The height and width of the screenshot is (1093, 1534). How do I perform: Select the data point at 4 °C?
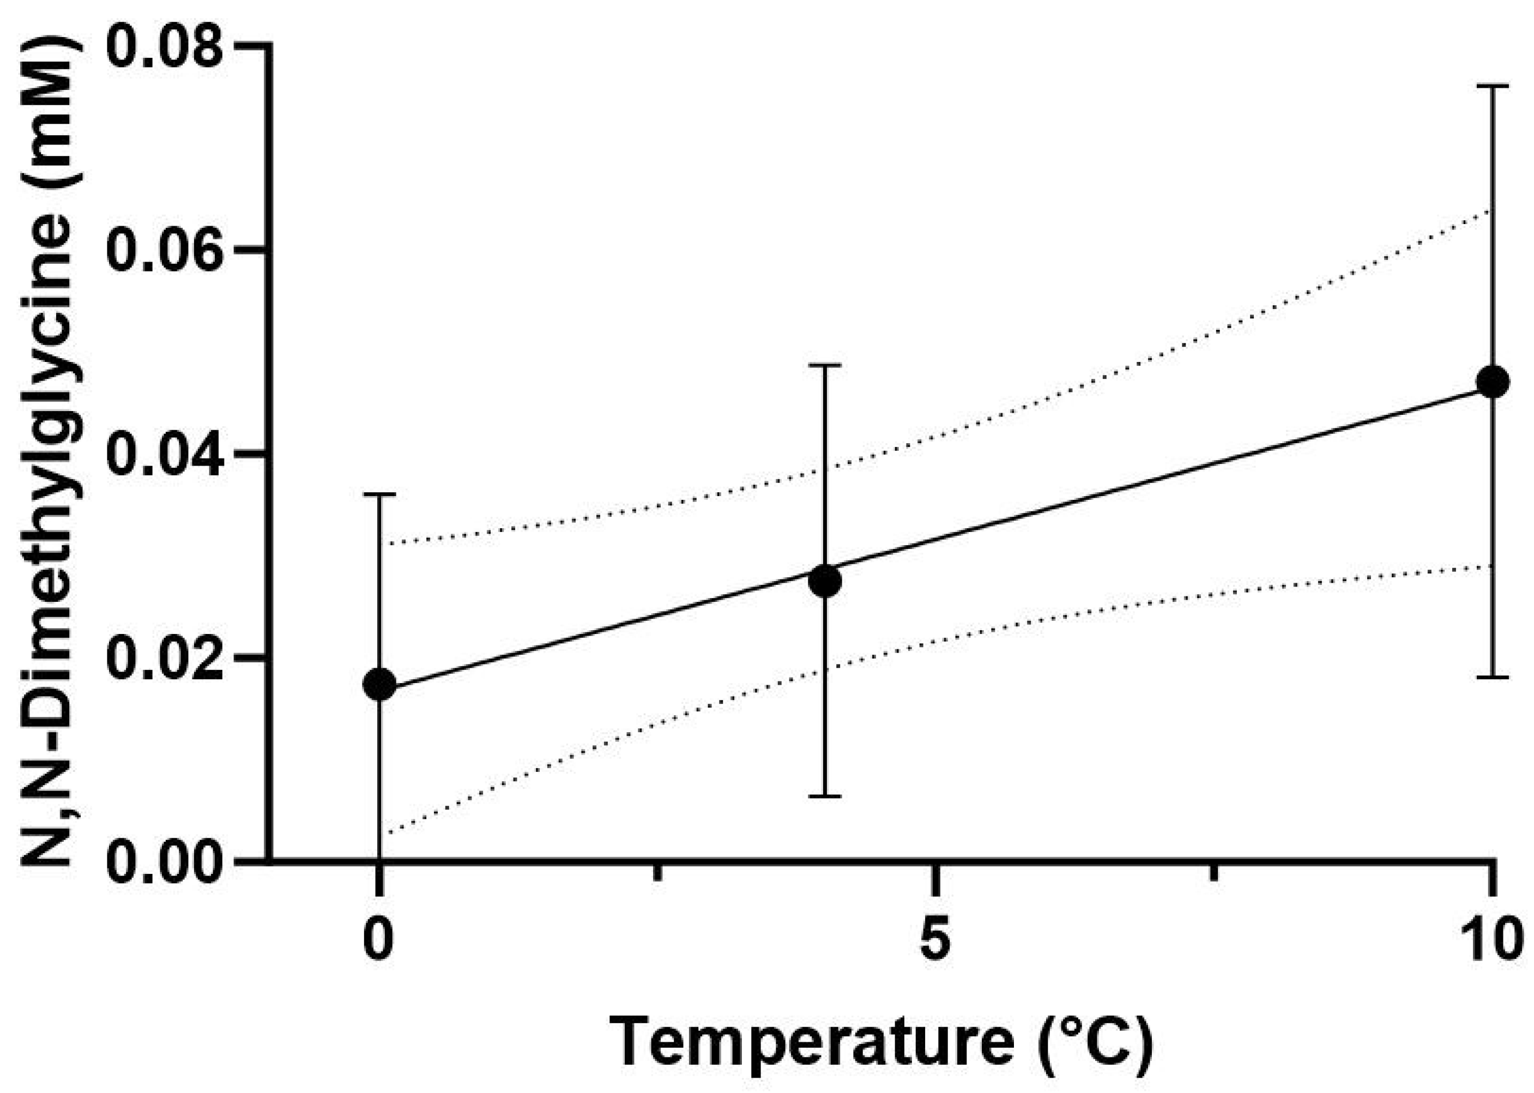(x=825, y=582)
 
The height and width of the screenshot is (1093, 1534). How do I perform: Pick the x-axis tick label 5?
(x=935, y=940)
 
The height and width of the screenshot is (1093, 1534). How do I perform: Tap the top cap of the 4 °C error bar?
(x=825, y=365)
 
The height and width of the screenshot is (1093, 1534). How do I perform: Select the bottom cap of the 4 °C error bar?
(x=825, y=796)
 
